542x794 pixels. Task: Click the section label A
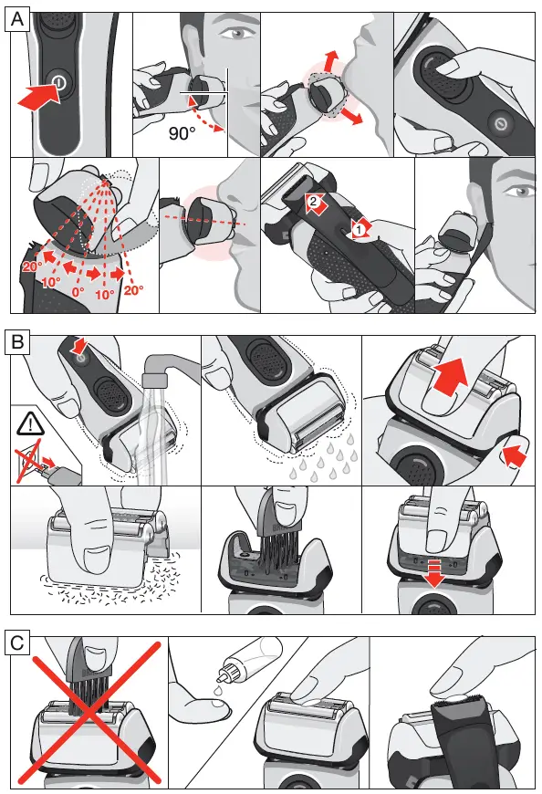(17, 19)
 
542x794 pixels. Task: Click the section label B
(17, 342)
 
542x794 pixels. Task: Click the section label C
(17, 643)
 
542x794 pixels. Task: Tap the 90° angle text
(182, 133)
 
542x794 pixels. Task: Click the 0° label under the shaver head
(78, 292)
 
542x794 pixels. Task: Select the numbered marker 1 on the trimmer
(359, 229)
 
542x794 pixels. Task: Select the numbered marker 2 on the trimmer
(313, 201)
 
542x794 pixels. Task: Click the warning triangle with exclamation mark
(30, 423)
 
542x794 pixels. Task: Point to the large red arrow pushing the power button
(39, 95)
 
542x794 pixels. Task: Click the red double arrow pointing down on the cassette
(436, 573)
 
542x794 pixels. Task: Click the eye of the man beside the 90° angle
(238, 34)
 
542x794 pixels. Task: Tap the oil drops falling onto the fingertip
(217, 694)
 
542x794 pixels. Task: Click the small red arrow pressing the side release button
(516, 455)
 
